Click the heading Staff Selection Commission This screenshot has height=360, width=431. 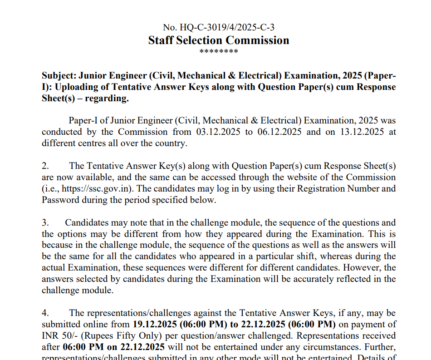coord(218,40)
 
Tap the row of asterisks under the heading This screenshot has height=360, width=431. coord(219,51)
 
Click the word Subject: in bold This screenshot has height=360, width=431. coord(59,75)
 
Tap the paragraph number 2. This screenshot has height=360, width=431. coord(44,166)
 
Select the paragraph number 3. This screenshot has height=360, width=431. coord(44,222)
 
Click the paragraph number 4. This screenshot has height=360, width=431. coord(44,313)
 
